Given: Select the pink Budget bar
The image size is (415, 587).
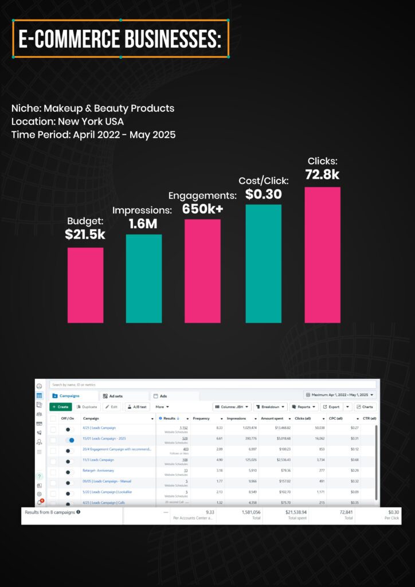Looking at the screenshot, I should [85, 285].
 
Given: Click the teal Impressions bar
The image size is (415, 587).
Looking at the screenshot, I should [144, 278].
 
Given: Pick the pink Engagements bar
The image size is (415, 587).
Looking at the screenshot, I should [202, 271].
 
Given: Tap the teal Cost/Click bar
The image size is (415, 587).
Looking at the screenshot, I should [263, 263].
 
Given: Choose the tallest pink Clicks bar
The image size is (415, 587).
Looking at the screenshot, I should [322, 255].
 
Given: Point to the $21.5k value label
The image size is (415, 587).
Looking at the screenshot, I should [85, 234].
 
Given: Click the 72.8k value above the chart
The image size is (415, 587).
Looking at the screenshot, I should [322, 174].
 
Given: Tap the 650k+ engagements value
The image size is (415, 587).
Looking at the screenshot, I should [203, 209].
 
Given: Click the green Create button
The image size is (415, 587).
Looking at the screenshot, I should [60, 407].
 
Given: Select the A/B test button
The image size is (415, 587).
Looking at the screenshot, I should [137, 407].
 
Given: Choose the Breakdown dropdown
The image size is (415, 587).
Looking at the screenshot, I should [270, 407].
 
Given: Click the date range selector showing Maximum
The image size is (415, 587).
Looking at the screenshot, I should [340, 395].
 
